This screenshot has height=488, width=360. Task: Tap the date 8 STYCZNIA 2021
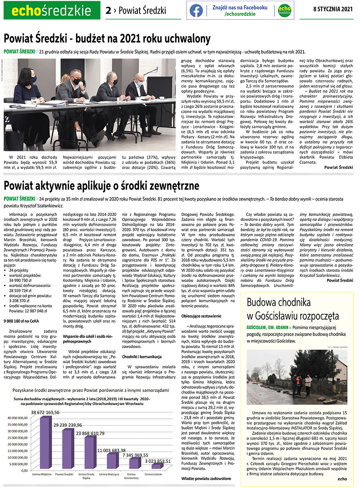(333, 10)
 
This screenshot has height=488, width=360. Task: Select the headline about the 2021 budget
(107, 39)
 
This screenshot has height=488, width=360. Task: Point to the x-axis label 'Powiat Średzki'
(64, 474)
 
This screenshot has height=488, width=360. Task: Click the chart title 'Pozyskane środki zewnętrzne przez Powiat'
(91, 390)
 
